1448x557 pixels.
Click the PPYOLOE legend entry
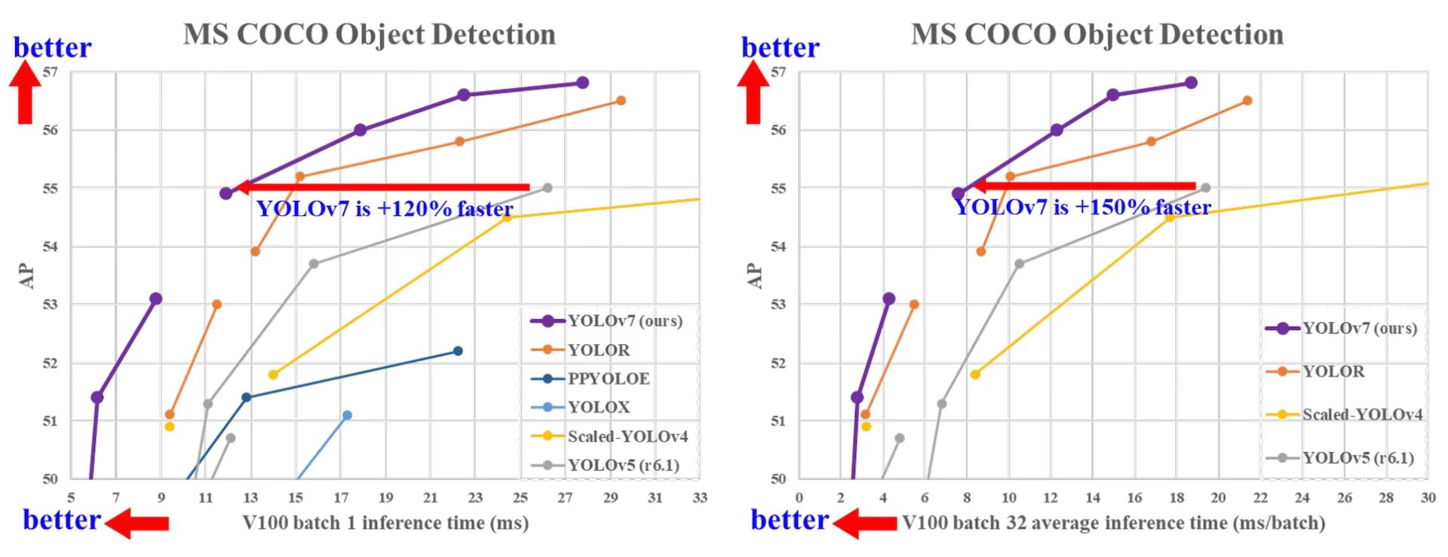[608, 378]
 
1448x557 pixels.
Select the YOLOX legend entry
[598, 407]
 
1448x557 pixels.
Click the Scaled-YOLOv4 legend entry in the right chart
[1362, 414]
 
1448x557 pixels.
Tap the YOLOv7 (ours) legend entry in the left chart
[624, 321]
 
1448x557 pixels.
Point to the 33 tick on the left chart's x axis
[700, 497]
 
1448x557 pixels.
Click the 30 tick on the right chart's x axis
[1428, 497]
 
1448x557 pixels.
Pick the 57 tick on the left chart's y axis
[50, 72]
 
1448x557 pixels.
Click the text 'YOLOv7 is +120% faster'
[385, 209]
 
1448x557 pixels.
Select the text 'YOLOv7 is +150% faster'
[1083, 208]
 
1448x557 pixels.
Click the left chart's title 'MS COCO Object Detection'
[370, 35]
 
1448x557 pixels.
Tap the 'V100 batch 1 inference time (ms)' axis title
[385, 522]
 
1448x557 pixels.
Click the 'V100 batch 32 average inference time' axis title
[1113, 522]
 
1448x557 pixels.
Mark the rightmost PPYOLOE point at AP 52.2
[458, 351]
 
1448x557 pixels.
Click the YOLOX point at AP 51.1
[347, 415]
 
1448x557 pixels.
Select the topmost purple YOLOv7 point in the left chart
[582, 82]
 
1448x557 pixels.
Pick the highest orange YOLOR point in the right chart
[1247, 100]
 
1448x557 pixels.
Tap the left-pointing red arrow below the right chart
[865, 522]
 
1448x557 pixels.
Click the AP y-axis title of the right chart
[755, 275]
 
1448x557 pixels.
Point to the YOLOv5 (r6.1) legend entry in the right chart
[1357, 457]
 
